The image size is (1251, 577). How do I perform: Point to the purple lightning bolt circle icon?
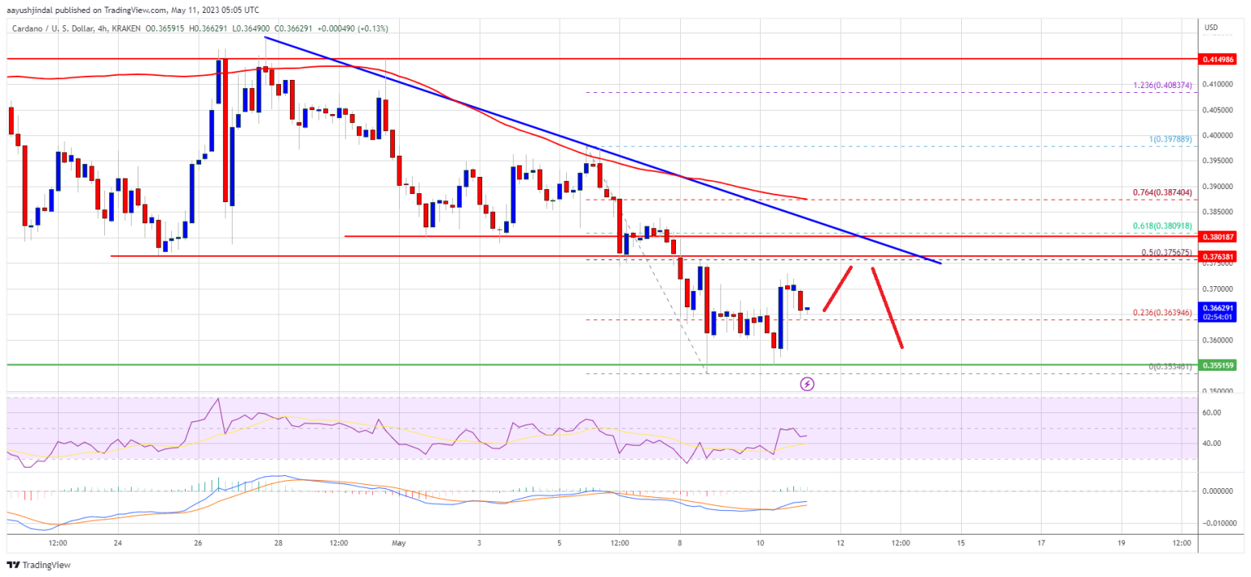tap(807, 383)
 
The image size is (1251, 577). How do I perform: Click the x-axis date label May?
tap(398, 543)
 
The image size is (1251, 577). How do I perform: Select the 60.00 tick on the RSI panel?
tap(1212, 412)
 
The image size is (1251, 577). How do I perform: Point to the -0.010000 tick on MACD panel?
tap(1218, 522)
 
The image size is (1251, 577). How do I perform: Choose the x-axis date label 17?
tap(1041, 543)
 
